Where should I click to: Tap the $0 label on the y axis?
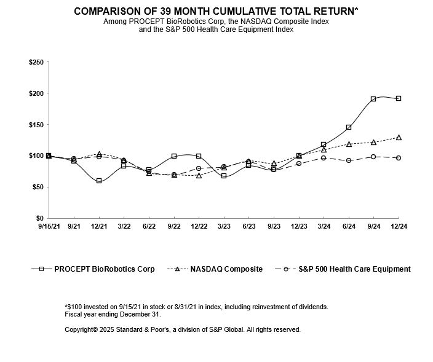38,218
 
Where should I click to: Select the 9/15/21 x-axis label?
49,227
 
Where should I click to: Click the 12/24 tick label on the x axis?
399,227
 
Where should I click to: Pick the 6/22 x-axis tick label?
149,227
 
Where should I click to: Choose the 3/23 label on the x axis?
224,227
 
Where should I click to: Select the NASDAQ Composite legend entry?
227,269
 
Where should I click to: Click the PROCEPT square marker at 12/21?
99,181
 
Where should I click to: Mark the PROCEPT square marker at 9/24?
373,99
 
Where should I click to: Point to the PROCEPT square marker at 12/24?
399,98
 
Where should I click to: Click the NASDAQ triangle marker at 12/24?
399,138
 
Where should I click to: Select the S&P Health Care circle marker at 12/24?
399,158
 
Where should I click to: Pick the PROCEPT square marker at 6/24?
349,127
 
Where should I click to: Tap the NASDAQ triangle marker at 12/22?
199,175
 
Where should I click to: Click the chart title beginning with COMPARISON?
216,11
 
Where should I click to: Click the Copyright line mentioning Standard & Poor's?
183,330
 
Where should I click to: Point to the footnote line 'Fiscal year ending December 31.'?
113,314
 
